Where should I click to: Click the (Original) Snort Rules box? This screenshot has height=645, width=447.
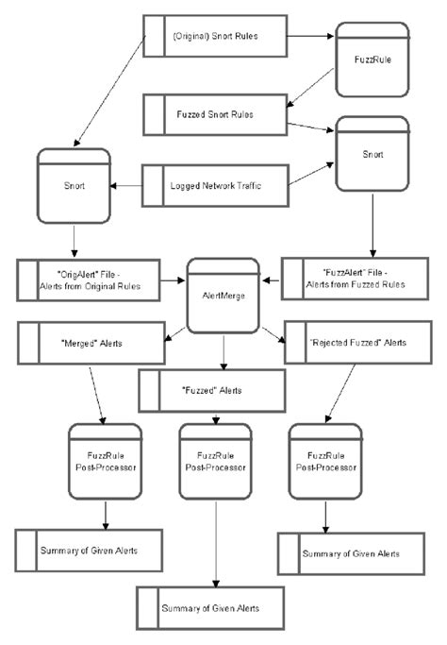pyautogui.click(x=215, y=36)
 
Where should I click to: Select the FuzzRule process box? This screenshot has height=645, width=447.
pyautogui.click(x=372, y=59)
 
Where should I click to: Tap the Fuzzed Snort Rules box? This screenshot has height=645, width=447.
pyautogui.click(x=215, y=114)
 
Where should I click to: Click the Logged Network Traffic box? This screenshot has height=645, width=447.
pyautogui.click(x=215, y=185)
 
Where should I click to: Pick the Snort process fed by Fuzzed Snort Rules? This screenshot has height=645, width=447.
pyautogui.click(x=372, y=154)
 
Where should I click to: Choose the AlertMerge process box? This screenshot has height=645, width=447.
pyautogui.click(x=223, y=296)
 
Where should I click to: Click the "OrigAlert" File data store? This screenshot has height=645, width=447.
pyautogui.click(x=89, y=280)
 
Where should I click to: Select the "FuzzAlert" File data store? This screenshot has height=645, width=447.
pyautogui.click(x=355, y=279)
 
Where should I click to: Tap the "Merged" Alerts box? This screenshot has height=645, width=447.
pyautogui.click(x=91, y=343)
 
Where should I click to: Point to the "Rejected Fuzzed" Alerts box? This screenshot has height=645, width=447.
pyautogui.click(x=357, y=342)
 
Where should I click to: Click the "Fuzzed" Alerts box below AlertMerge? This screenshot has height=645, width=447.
pyautogui.click(x=212, y=390)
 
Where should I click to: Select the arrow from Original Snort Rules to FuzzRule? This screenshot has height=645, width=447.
pyautogui.click(x=310, y=36)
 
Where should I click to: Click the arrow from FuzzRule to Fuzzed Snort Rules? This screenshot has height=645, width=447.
pyautogui.click(x=310, y=88)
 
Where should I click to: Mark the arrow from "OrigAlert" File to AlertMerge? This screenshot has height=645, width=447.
pyautogui.click(x=173, y=280)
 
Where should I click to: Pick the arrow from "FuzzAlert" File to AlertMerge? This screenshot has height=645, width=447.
pyautogui.click(x=272, y=280)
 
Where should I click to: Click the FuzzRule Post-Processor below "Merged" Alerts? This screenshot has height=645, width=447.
pyautogui.click(x=106, y=462)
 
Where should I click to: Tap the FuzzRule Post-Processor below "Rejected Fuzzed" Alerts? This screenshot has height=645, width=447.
pyautogui.click(x=325, y=462)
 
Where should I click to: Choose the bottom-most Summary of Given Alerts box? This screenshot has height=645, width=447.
pyautogui.click(x=210, y=608)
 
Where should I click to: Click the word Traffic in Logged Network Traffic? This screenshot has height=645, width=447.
pyautogui.click(x=249, y=185)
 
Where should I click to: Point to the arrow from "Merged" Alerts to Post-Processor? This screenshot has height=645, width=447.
pyautogui.click(x=97, y=396)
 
